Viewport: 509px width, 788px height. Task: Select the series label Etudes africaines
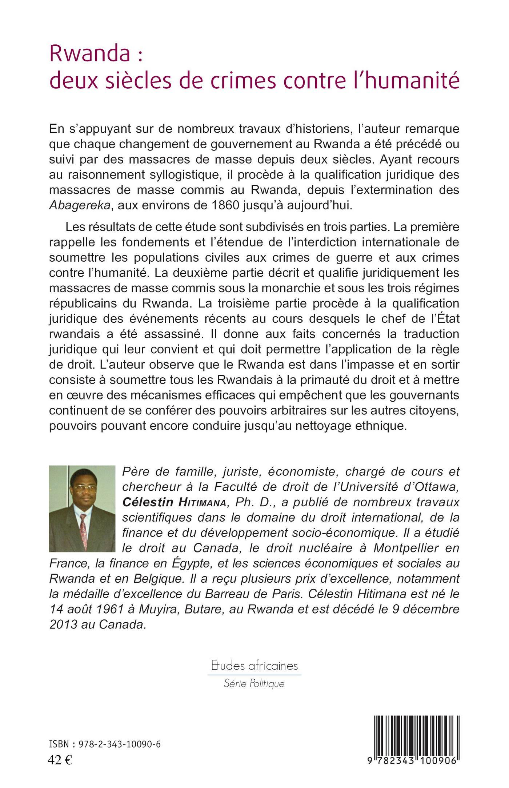[x=254, y=666]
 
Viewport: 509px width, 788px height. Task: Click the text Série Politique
[x=254, y=684]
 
